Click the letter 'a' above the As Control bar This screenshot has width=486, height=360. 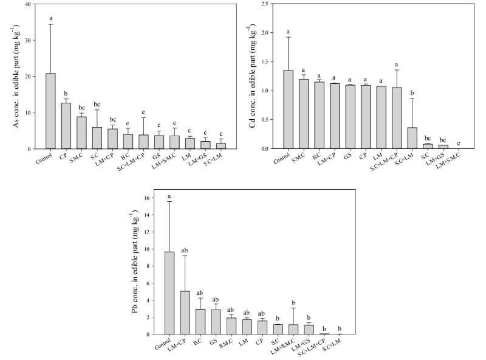click(x=51, y=18)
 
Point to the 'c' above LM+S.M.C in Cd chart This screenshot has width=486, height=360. click(x=458, y=144)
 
